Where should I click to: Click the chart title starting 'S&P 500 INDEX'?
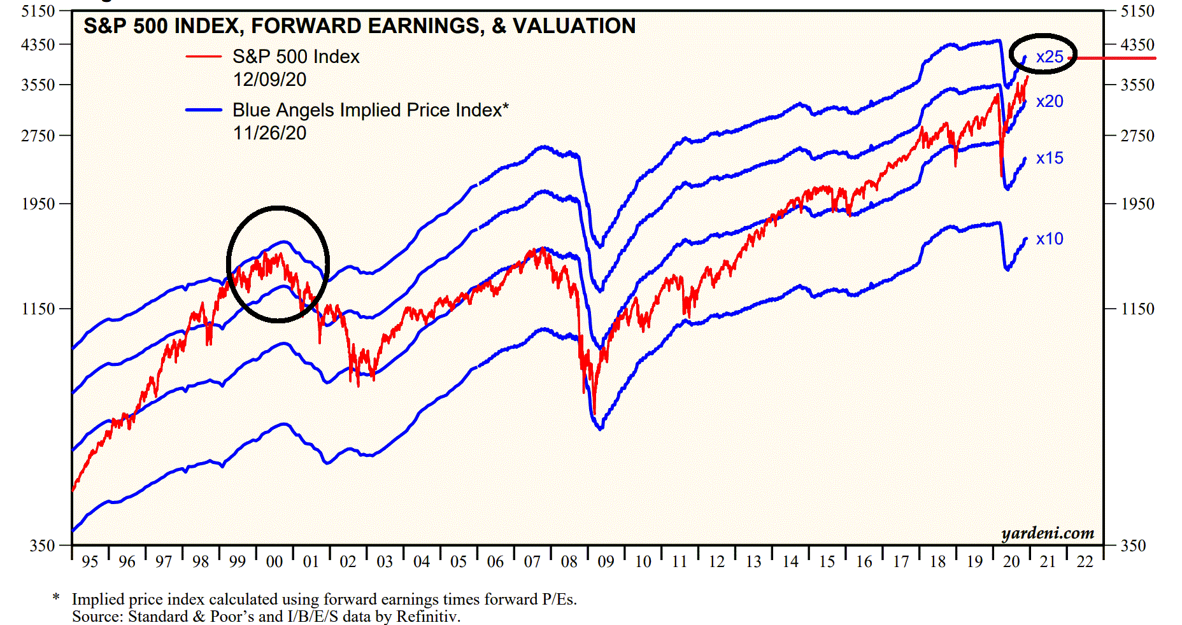pyautogui.click(x=359, y=26)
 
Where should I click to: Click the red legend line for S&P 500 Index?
pyautogui.click(x=204, y=57)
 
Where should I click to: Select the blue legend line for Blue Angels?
pyautogui.click(x=204, y=110)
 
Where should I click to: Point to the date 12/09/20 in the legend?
pyautogui.click(x=269, y=80)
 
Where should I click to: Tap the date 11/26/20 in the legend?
pyautogui.click(x=269, y=133)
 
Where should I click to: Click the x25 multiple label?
pyautogui.click(x=1050, y=57)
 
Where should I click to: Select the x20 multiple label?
pyautogui.click(x=1050, y=101)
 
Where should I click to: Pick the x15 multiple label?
pyautogui.click(x=1050, y=158)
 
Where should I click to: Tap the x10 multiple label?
pyautogui.click(x=1050, y=239)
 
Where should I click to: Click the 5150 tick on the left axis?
pyautogui.click(x=38, y=11)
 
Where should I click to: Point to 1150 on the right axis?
pyautogui.click(x=1137, y=309)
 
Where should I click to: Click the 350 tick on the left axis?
pyautogui.click(x=42, y=545)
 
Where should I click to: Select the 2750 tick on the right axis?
pyautogui.click(x=1137, y=136)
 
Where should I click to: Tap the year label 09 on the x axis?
pyautogui.click(x=606, y=562)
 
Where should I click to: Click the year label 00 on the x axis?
pyautogui.click(x=274, y=562)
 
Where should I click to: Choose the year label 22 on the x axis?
pyautogui.click(x=1085, y=562)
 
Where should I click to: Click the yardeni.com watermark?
pyautogui.click(x=1048, y=533)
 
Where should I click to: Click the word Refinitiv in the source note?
pyautogui.click(x=428, y=616)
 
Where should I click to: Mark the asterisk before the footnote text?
pyautogui.click(x=56, y=598)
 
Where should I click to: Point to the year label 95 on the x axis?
pyautogui.click(x=90, y=562)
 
